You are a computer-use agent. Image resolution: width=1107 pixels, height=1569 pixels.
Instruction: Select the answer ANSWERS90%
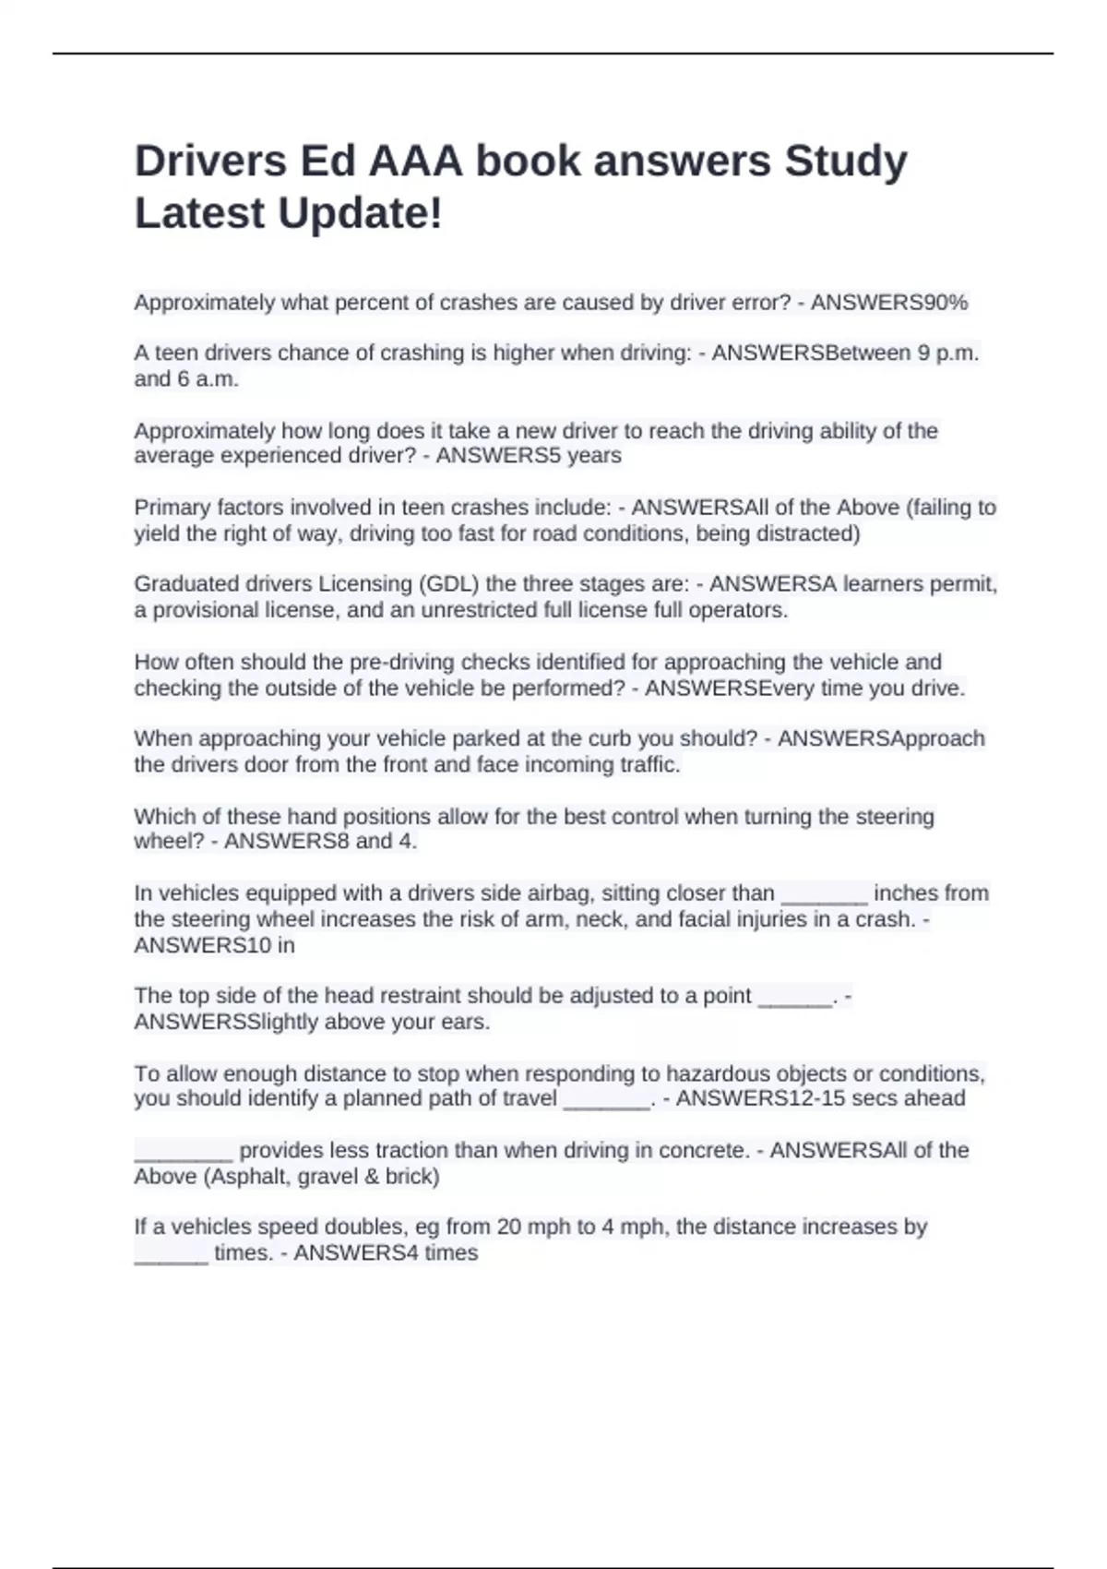click(x=889, y=303)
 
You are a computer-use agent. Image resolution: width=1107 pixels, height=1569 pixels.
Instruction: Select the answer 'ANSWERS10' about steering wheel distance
click(x=202, y=945)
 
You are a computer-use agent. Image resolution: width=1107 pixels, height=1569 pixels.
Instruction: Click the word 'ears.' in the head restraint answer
click(x=467, y=1022)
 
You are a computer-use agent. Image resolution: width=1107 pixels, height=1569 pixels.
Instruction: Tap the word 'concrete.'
click(x=704, y=1150)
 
